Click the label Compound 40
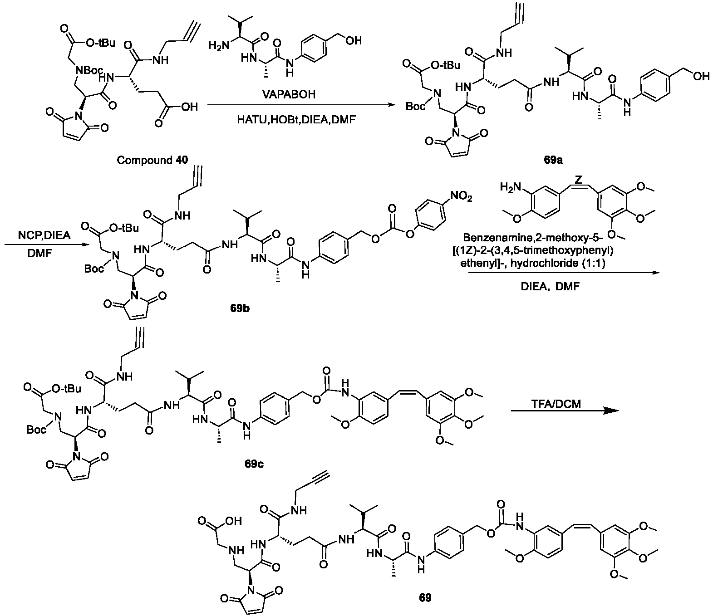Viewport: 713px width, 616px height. pyautogui.click(x=152, y=160)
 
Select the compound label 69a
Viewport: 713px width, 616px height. pyautogui.click(x=553, y=160)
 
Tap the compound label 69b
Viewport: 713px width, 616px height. pyautogui.click(x=240, y=308)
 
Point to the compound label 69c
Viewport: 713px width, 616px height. pyautogui.click(x=254, y=464)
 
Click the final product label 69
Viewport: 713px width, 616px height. pyautogui.click(x=425, y=597)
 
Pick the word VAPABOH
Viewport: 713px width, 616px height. pyautogui.click(x=289, y=94)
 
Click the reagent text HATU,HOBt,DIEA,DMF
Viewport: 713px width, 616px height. pyautogui.click(x=296, y=120)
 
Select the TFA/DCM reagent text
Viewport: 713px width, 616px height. pyautogui.click(x=556, y=404)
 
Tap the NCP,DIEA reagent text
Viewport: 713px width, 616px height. pyautogui.click(x=44, y=235)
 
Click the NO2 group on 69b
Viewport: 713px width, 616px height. pyautogui.click(x=461, y=197)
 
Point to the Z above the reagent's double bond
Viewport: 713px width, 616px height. pyautogui.click(x=578, y=179)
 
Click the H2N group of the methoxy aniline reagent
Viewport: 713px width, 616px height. pyautogui.click(x=510, y=187)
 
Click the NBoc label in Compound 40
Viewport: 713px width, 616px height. pyautogui.click(x=89, y=70)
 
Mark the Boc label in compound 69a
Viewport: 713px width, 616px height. pyautogui.click(x=415, y=106)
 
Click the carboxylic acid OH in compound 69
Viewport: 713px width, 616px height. pyautogui.click(x=234, y=521)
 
